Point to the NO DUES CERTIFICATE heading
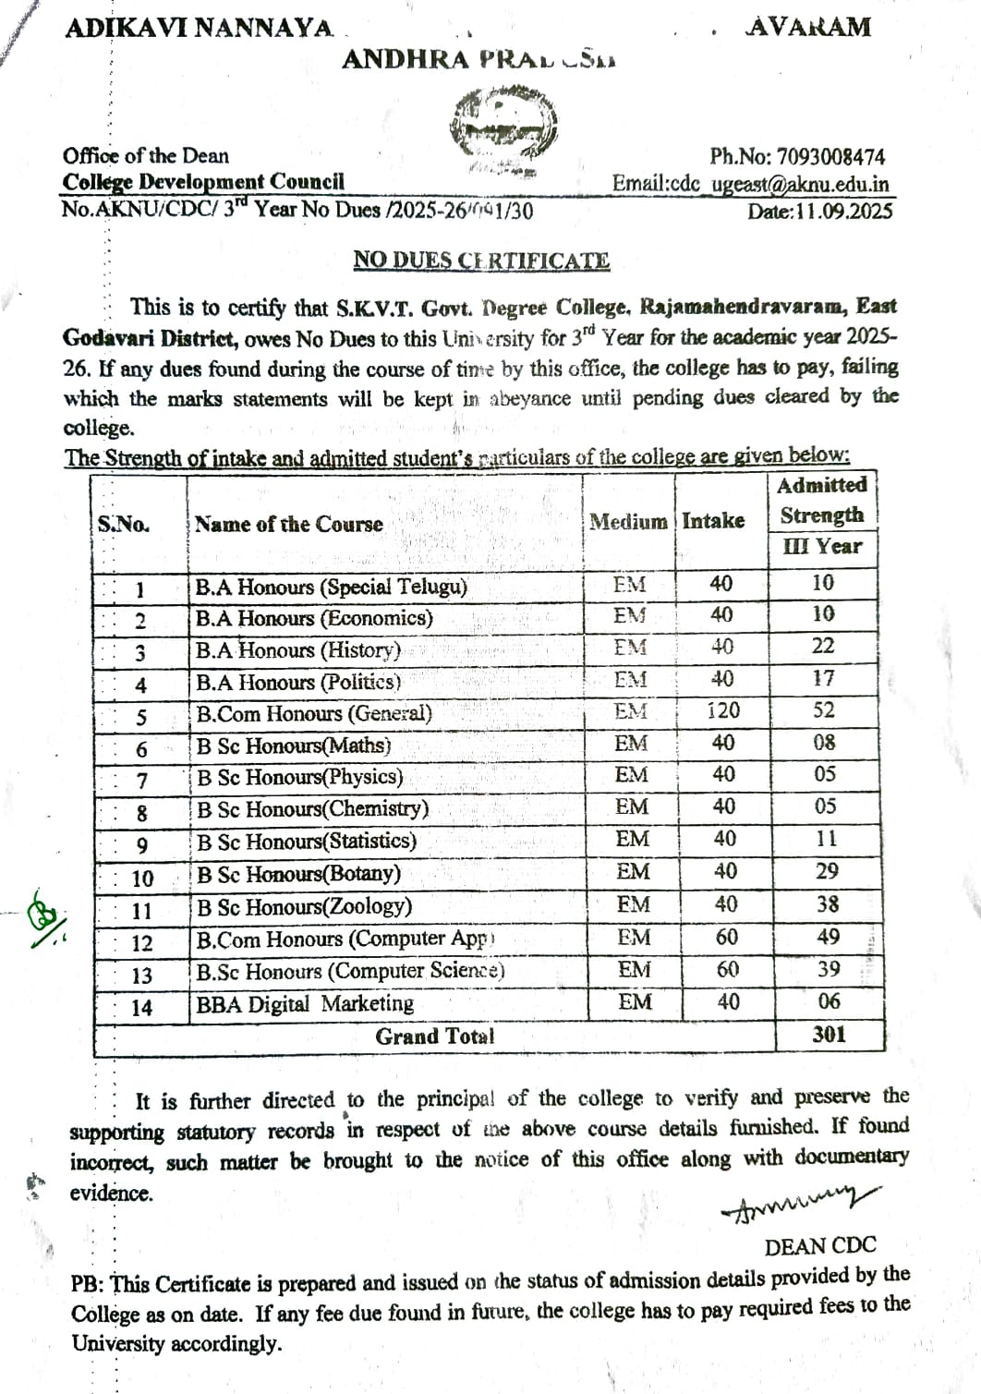coord(481,261)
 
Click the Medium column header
coord(628,522)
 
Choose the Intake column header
coord(713,521)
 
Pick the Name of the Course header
coord(289,524)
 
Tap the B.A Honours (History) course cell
coord(297,650)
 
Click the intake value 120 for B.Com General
coord(723,710)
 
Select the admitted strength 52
coord(824,710)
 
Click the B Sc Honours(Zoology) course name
coord(304,906)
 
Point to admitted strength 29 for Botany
coord(827,871)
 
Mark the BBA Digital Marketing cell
coord(305,1004)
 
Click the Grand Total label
coord(434,1036)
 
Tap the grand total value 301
coord(829,1035)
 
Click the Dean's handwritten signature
coord(800,1202)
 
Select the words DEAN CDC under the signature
coord(820,1246)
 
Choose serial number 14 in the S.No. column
coord(141,1008)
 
